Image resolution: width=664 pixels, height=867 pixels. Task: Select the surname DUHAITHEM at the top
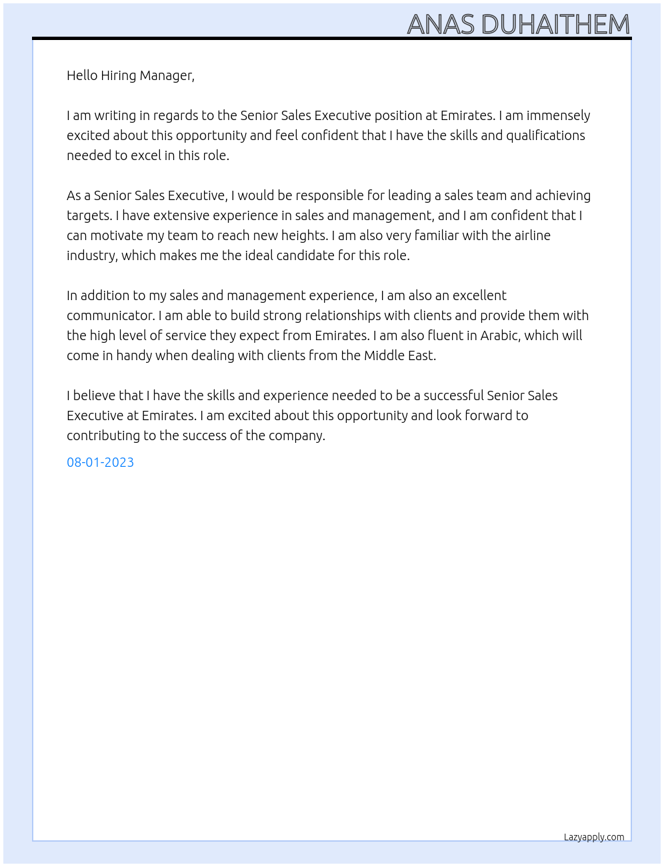click(x=555, y=25)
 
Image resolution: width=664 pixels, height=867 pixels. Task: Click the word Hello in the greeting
click(x=82, y=75)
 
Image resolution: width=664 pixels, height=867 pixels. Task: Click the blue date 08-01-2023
click(x=100, y=462)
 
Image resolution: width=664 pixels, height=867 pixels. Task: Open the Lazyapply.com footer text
click(x=593, y=837)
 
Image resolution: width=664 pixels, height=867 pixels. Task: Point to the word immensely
click(x=558, y=115)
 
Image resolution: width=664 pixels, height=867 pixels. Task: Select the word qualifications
click(x=545, y=135)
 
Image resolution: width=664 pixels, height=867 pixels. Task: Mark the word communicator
click(x=110, y=315)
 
